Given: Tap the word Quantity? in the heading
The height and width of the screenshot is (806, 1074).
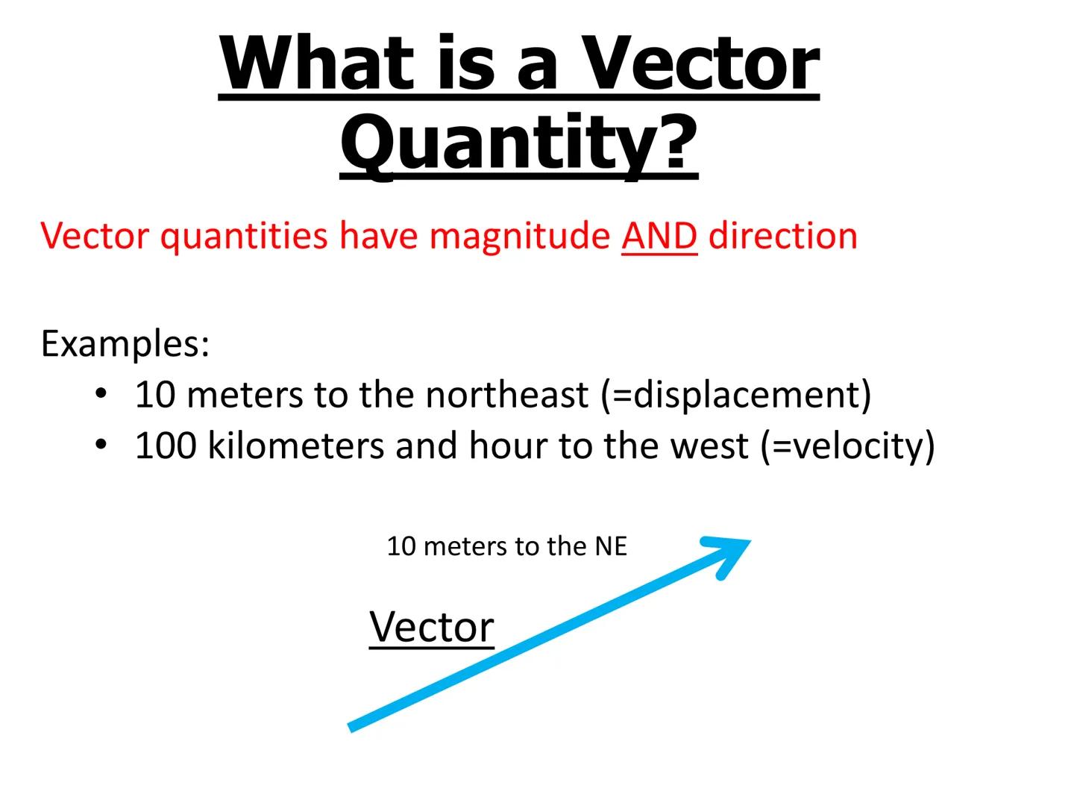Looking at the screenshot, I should coord(519,142).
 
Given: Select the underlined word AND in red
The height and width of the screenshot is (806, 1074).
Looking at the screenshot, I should coord(659,236).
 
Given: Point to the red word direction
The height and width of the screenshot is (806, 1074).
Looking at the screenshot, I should coord(782,236).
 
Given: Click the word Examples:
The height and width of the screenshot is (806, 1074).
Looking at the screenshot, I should coord(125,344).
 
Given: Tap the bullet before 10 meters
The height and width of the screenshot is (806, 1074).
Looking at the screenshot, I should coord(101,393).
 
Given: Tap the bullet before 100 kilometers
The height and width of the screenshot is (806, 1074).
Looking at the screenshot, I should coord(101,445).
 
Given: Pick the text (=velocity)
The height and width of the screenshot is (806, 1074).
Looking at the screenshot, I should coord(847,446).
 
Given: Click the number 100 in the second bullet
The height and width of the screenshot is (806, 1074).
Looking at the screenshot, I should coord(166,446).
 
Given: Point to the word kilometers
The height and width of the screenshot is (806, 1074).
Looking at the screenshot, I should coord(297,446).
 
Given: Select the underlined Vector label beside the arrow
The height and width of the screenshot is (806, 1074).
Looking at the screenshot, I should coord(432,627).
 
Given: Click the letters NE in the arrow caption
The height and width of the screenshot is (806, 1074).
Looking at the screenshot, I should coord(611,546).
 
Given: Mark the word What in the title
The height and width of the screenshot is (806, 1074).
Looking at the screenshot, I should coord(317,63).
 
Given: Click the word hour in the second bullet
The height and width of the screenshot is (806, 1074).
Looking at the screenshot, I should coord(509,446).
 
